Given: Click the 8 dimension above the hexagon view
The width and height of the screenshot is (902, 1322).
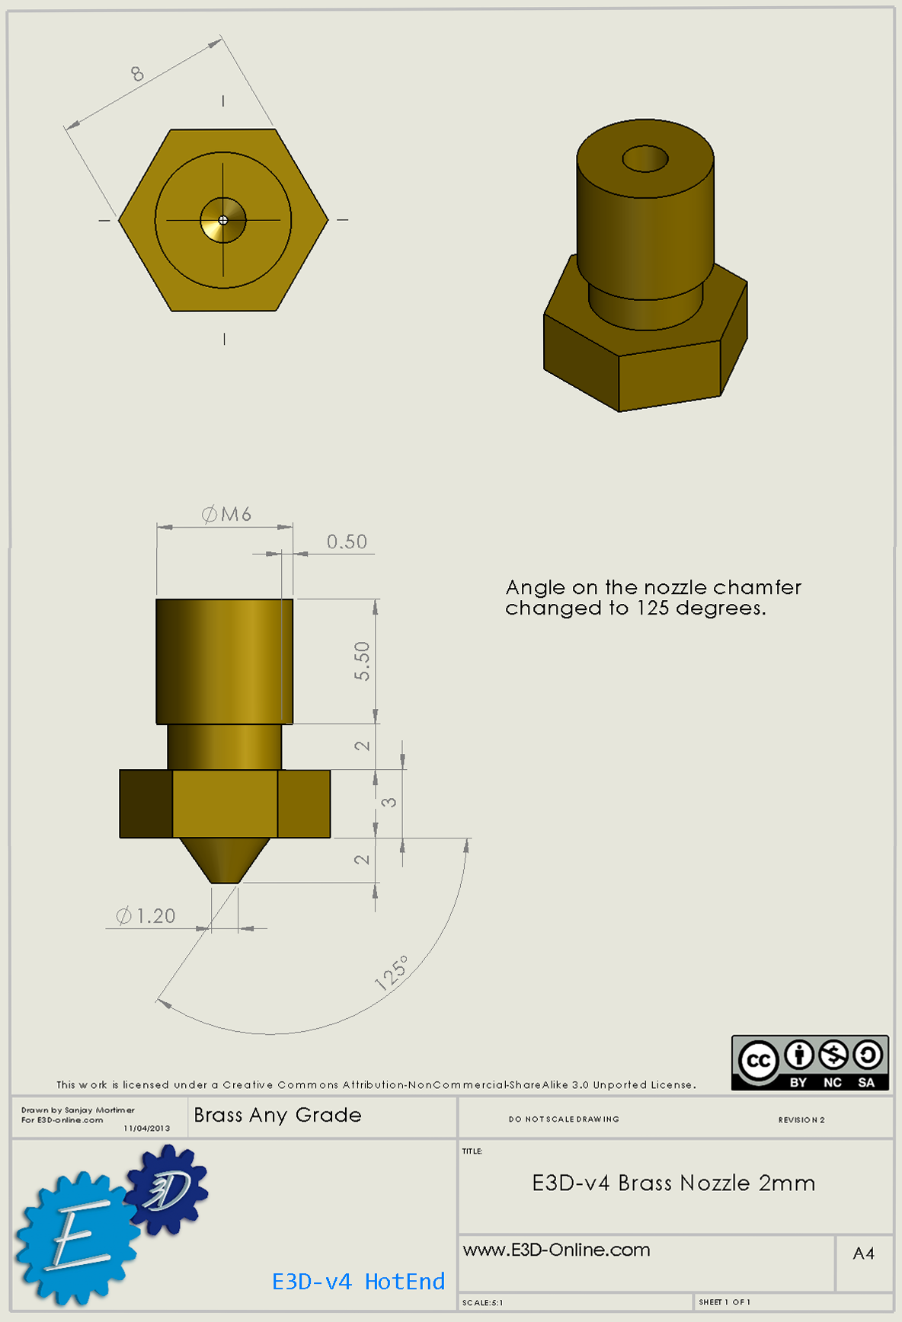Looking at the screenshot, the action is click(137, 73).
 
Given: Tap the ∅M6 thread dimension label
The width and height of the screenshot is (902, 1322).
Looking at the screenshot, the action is click(226, 515).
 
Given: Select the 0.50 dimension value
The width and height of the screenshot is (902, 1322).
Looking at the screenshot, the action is click(347, 541).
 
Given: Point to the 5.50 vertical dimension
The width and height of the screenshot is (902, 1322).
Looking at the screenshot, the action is click(362, 661).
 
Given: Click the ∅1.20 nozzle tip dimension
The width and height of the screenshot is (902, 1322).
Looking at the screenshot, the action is click(146, 915).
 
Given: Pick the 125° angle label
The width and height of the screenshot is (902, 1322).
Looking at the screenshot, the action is click(392, 972).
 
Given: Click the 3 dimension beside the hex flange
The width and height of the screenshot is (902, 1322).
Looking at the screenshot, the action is click(389, 803).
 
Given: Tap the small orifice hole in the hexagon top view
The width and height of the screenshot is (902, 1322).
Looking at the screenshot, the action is click(223, 220).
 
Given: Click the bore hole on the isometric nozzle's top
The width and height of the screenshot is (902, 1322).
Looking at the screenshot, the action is click(645, 159).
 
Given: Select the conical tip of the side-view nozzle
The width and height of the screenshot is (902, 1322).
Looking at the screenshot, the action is click(225, 861).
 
